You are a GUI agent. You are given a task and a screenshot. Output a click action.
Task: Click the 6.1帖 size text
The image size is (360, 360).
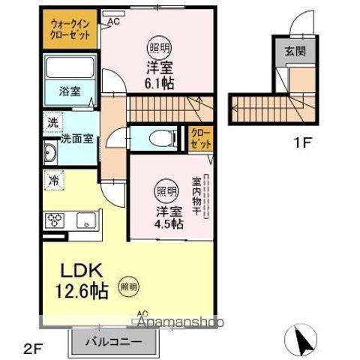(x=160, y=82)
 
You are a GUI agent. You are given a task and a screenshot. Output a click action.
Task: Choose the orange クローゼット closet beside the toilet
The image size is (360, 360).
(x=200, y=139)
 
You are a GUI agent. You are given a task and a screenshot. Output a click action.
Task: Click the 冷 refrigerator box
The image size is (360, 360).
(x=55, y=179)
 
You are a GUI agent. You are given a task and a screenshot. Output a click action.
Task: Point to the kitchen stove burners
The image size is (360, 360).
(x=57, y=220)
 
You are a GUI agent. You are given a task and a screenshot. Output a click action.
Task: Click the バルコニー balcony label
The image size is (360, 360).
(x=114, y=341)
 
